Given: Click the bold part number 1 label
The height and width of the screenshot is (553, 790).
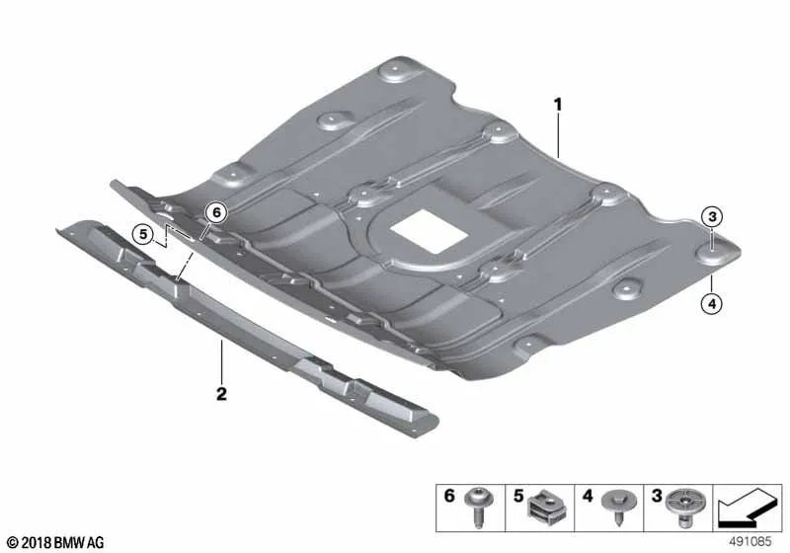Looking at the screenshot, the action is [558, 105].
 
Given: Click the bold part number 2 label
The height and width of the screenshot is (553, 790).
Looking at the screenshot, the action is [221, 393].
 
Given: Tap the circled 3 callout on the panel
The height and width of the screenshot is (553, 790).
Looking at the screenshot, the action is [712, 217].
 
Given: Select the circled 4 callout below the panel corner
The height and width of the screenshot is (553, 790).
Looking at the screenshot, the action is [712, 303].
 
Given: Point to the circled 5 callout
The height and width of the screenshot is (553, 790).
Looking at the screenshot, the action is [143, 234].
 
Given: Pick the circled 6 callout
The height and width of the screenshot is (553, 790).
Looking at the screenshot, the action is [216, 212].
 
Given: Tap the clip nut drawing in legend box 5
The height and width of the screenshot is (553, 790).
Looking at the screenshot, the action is [546, 508].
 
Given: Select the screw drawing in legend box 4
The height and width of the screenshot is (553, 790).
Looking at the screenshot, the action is [620, 506].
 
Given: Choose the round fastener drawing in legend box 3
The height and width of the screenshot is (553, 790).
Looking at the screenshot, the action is [684, 507].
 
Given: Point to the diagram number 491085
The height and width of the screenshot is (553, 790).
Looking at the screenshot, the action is [750, 542].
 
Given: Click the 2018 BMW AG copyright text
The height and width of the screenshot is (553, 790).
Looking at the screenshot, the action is [56, 542].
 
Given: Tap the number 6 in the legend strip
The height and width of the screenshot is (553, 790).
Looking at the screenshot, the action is [449, 496].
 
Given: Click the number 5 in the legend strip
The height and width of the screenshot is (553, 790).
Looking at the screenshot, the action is [518, 496].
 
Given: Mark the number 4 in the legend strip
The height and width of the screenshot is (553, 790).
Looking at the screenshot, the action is [588, 496].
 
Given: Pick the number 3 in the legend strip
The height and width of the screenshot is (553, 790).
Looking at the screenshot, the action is [656, 496].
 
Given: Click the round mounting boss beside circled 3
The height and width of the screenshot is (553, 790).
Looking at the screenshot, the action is [712, 256].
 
